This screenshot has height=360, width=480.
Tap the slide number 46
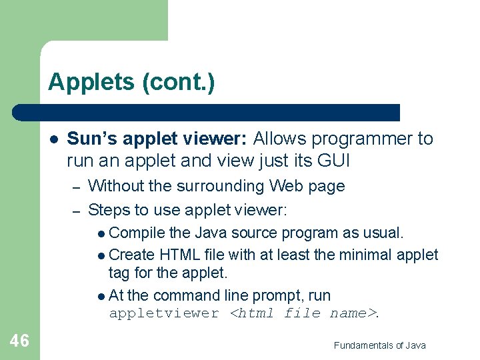coord(19,341)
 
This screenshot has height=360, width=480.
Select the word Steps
coord(109,211)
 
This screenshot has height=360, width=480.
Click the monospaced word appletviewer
coord(164,313)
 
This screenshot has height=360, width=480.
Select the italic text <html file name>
coord(302,313)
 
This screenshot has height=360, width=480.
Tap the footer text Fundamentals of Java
coord(379,345)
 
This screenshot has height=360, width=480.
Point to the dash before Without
coord(77,187)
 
